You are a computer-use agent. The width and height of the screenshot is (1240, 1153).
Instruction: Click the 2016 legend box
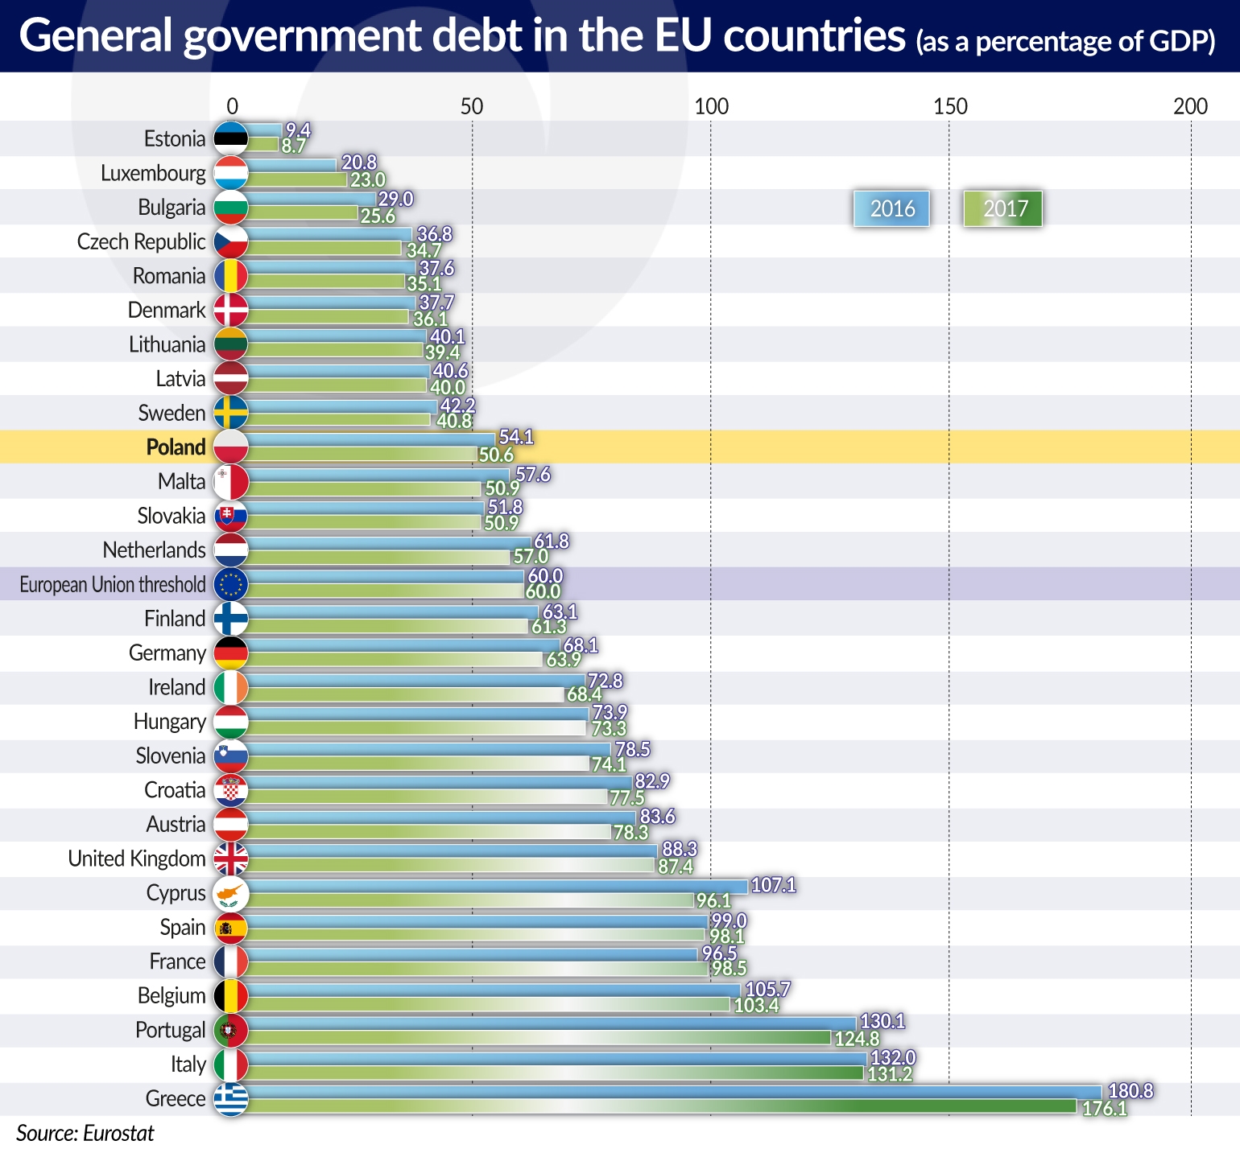click(x=891, y=209)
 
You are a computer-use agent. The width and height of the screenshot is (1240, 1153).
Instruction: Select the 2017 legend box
click(x=1003, y=209)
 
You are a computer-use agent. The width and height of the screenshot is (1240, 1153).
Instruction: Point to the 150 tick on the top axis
click(x=950, y=106)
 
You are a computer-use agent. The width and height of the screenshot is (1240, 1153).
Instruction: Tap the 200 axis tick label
click(x=1190, y=106)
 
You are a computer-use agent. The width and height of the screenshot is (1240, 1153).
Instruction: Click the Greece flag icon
click(x=231, y=1098)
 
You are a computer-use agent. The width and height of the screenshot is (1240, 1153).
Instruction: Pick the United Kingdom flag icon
click(x=231, y=859)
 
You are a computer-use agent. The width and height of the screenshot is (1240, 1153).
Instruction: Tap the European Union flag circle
click(x=231, y=584)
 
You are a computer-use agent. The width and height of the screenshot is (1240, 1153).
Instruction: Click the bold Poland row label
click(x=176, y=447)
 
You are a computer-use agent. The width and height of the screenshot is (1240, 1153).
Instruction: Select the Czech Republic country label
click(x=141, y=241)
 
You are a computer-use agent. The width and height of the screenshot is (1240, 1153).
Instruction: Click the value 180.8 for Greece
click(x=1130, y=1091)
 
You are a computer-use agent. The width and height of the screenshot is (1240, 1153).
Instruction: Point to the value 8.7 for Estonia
click(x=294, y=146)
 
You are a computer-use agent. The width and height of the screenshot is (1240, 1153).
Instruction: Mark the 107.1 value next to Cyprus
click(x=773, y=885)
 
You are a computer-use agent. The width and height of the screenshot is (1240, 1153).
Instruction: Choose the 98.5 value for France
click(x=730, y=968)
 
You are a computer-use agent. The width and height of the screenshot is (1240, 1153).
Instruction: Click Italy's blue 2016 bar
click(x=556, y=1058)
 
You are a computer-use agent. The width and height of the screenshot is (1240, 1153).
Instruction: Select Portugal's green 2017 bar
click(x=539, y=1038)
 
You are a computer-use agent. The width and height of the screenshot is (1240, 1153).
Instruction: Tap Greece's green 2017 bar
click(x=660, y=1106)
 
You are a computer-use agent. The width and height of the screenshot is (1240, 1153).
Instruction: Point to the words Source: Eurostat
click(x=85, y=1134)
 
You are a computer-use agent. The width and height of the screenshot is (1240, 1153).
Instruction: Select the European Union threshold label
click(x=113, y=584)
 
